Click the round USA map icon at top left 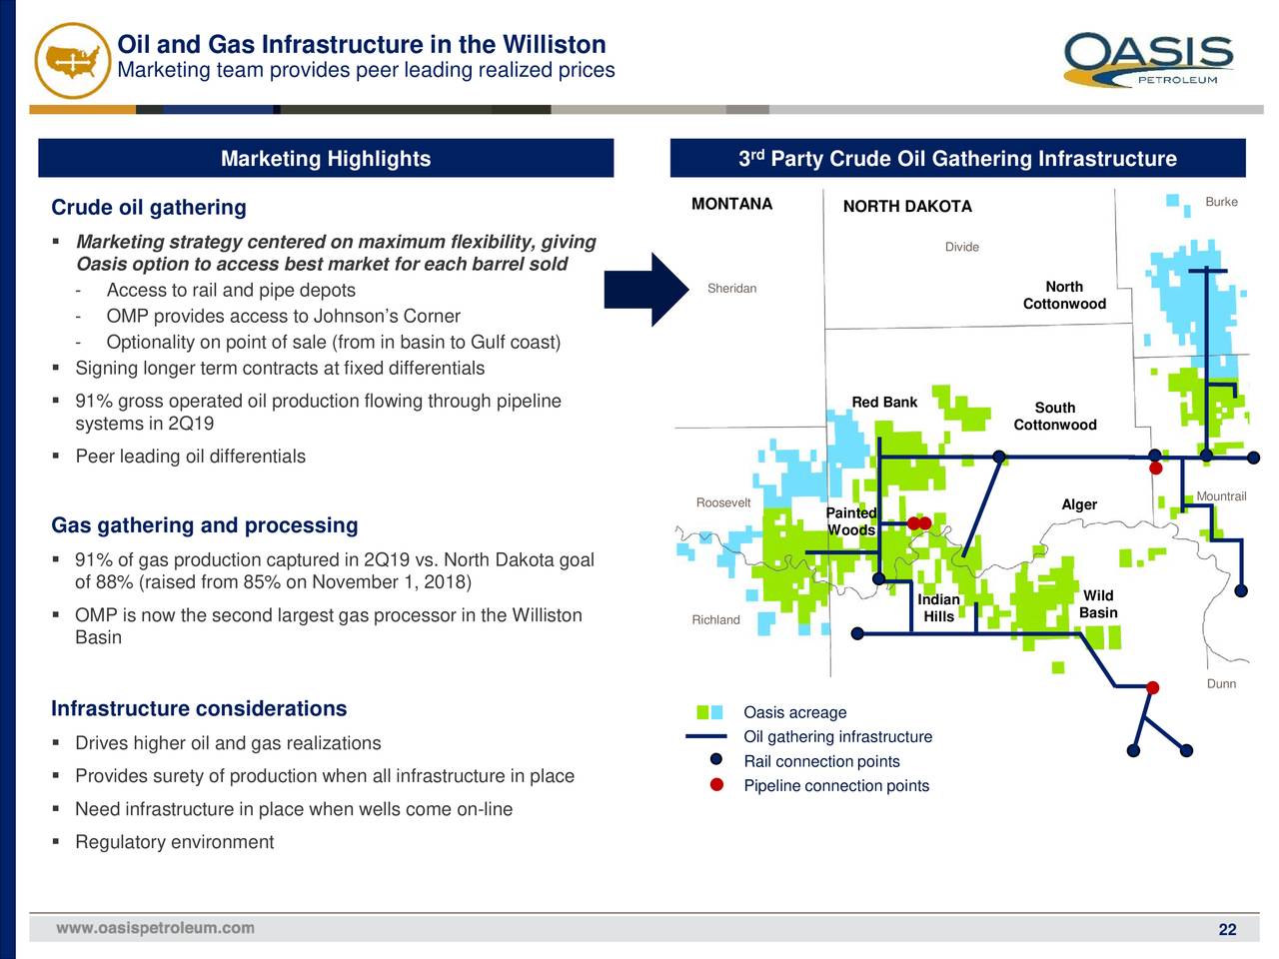pyautogui.click(x=72, y=59)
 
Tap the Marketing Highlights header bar pyautogui.click(x=326, y=159)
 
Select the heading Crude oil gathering pyautogui.click(x=149, y=208)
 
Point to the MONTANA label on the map pyautogui.click(x=731, y=205)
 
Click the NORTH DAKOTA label pyautogui.click(x=906, y=207)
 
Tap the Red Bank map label pyautogui.click(x=884, y=403)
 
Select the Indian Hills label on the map pyautogui.click(x=938, y=607)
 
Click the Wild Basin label pyautogui.click(x=1098, y=603)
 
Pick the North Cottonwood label pyautogui.click(x=1064, y=295)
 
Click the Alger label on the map pyautogui.click(x=1079, y=504)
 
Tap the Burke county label pyautogui.click(x=1221, y=202)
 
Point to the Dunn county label pyautogui.click(x=1221, y=684)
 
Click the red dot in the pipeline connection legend pyautogui.click(x=716, y=785)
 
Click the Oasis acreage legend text pyautogui.click(x=794, y=712)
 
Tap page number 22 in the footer pyautogui.click(x=1227, y=930)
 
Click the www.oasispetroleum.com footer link pyautogui.click(x=155, y=928)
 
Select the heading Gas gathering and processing pyautogui.click(x=204, y=525)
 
